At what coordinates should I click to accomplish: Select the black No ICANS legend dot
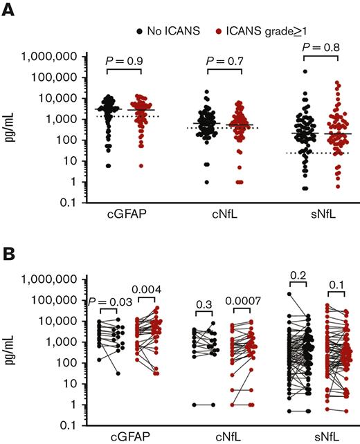(141, 31)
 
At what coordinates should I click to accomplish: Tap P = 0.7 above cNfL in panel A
(224, 62)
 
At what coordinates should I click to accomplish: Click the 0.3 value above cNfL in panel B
(204, 302)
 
